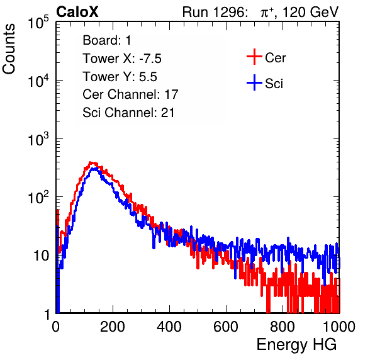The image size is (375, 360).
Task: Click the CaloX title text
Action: click(x=77, y=12)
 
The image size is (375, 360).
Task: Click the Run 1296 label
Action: click(x=215, y=12)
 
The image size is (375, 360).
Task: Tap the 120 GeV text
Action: click(x=311, y=12)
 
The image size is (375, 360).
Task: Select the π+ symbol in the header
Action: click(x=267, y=13)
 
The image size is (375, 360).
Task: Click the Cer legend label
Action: click(x=275, y=58)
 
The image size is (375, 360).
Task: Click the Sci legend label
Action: click(x=274, y=84)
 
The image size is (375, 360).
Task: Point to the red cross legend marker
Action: click(x=254, y=57)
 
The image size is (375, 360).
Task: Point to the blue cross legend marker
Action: click(x=254, y=83)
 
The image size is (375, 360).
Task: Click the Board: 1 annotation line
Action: click(x=107, y=40)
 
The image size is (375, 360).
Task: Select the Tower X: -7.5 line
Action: click(x=122, y=59)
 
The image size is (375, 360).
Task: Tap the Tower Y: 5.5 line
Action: click(x=120, y=77)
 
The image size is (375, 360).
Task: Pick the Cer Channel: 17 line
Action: click(x=130, y=94)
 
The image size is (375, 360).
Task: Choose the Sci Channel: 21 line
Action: click(x=128, y=113)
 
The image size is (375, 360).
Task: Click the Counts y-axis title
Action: click(x=9, y=49)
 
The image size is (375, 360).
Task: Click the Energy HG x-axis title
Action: click(x=296, y=345)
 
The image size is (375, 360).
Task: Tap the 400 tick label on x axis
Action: click(x=169, y=327)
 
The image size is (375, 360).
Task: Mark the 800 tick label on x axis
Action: click(x=283, y=327)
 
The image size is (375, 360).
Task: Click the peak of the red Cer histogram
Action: click(x=91, y=162)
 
